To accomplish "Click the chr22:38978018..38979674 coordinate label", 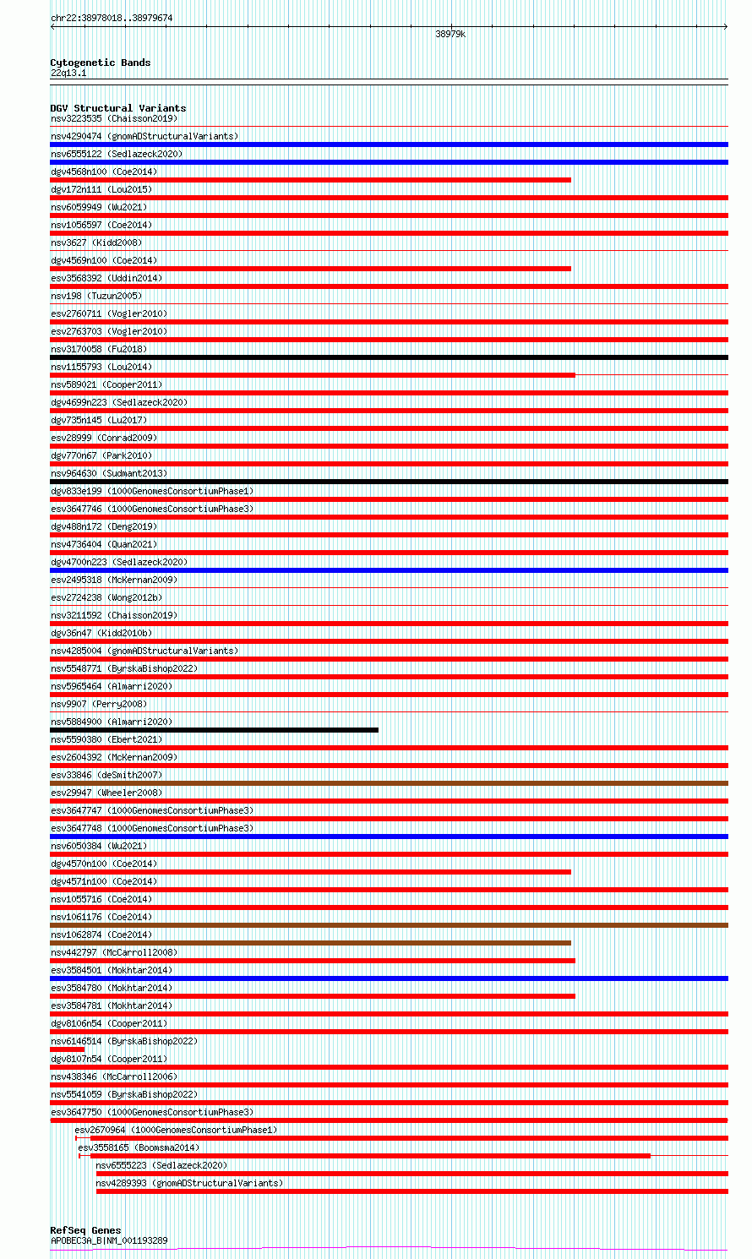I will pos(112,18).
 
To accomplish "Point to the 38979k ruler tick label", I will pos(450,35).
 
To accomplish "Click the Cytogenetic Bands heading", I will pos(100,63).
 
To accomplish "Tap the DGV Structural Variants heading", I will pos(117,108).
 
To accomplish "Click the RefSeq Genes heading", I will pos(85,1230).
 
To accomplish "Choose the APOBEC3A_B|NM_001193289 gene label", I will pos(109,1240).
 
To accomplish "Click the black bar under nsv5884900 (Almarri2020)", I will pos(214,730).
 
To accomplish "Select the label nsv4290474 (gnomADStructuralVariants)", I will pos(144,136).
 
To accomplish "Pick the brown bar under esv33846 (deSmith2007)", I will pos(389,783).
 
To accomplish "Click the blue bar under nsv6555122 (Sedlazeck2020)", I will pos(389,162).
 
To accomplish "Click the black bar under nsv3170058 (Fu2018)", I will pos(389,357).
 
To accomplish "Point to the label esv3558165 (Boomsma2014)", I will pos(139,1147).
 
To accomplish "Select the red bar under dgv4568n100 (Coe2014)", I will pos(310,180).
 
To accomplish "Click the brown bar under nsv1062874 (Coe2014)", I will pos(310,943).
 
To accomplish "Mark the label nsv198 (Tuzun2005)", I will pos(96,296).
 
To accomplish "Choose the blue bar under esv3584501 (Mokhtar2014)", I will pos(389,978).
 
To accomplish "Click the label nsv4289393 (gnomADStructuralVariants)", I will pos(189,1183).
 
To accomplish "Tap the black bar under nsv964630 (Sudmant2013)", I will pos(389,482).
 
